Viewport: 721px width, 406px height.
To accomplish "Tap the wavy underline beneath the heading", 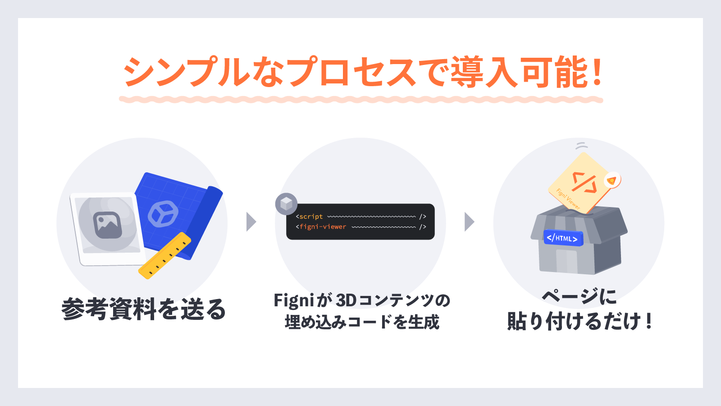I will click(360, 99).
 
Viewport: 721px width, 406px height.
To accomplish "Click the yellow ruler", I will click(164, 256).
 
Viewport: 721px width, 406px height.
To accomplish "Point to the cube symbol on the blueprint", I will click(163, 213).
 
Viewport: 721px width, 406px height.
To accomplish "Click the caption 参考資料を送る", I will click(143, 309).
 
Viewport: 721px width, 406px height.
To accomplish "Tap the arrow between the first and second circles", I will click(251, 221).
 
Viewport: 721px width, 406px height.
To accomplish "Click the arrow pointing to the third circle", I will click(469, 221).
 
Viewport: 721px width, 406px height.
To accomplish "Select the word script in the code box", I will click(311, 217).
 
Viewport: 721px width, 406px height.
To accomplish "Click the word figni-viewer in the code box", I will click(323, 227).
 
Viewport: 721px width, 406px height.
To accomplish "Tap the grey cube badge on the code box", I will click(286, 204).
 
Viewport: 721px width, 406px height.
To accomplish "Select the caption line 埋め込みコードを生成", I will click(362, 322).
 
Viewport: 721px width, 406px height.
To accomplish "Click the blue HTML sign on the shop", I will click(563, 238).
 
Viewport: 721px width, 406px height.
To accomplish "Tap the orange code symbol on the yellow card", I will click(584, 182).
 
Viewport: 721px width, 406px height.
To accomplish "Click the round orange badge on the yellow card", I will click(611, 180).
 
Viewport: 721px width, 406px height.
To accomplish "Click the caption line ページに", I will click(579, 297).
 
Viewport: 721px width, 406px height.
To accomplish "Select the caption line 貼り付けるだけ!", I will click(579, 322).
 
